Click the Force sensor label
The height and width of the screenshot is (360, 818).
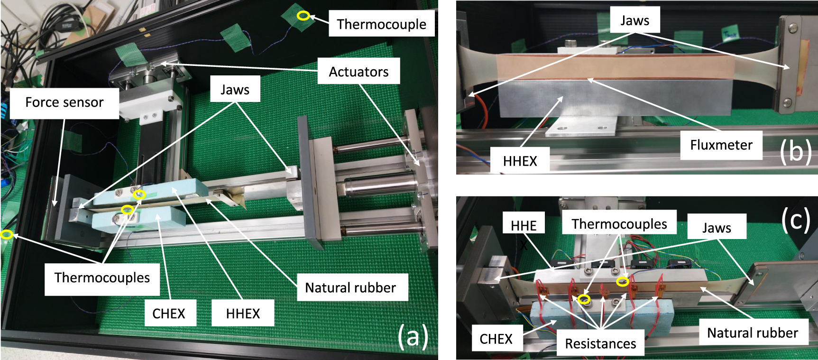(64, 102)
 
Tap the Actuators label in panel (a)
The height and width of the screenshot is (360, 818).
(358, 72)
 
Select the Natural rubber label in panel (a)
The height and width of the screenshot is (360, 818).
(350, 287)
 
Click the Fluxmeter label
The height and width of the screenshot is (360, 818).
(721, 145)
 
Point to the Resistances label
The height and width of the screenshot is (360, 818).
(600, 343)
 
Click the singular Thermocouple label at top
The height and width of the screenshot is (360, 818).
(381, 24)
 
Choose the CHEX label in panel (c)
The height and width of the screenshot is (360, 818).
(496, 339)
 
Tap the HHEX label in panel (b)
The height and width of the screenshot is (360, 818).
(520, 161)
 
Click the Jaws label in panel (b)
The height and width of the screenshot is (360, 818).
(634, 20)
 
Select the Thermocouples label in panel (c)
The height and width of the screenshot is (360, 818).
(619, 224)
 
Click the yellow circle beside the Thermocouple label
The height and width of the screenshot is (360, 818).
(303, 16)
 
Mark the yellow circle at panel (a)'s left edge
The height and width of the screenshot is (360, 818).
(6, 234)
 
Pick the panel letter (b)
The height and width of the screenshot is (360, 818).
(795, 151)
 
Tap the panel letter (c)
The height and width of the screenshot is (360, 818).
(795, 220)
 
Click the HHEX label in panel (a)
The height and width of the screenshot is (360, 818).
(243, 314)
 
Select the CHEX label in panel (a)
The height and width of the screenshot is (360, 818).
(168, 314)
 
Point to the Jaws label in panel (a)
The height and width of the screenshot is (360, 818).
(235, 90)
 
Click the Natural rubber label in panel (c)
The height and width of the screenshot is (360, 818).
(752, 333)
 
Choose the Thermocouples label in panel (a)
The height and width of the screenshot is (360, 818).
(102, 277)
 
